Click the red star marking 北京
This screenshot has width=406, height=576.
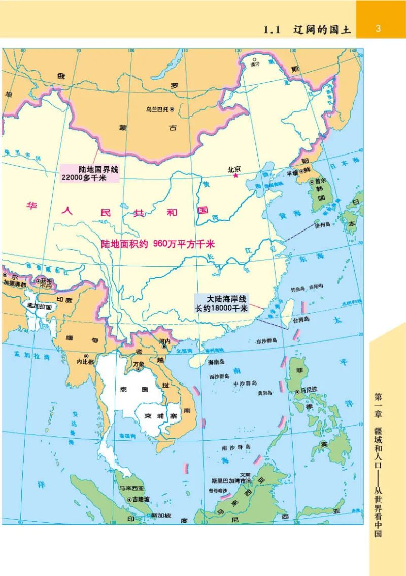click(x=236, y=175)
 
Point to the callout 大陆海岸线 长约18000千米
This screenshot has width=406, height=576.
click(x=223, y=303)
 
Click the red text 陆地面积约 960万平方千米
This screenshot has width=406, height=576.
click(x=157, y=244)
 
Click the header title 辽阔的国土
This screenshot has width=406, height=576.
click(x=322, y=29)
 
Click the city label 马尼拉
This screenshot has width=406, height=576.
click(x=310, y=391)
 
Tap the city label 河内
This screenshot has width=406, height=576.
click(x=164, y=342)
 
